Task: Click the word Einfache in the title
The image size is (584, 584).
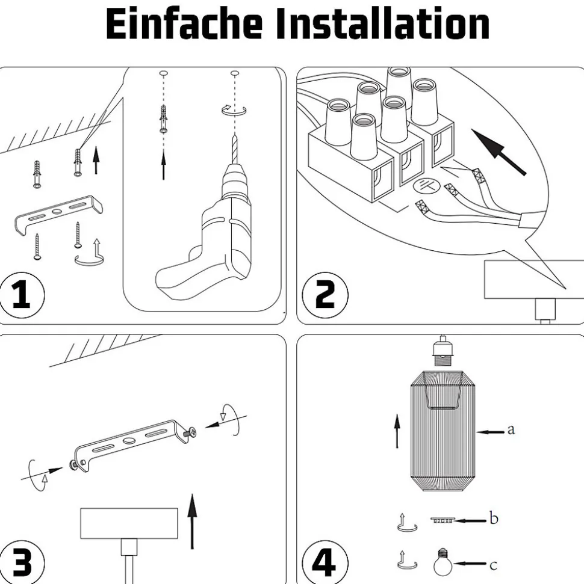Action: pos(184,23)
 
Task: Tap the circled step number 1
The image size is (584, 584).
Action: pos(21,295)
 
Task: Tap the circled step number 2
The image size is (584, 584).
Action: pos(325,295)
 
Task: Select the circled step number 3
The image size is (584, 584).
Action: pos(21,562)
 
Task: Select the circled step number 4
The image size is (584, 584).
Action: pos(325,562)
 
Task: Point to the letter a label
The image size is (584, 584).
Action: pos(511,429)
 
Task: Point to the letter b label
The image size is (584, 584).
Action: pos(494,518)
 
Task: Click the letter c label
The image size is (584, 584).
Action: pos(493,565)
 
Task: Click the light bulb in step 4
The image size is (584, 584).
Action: pos(443,562)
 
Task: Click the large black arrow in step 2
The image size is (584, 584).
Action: pos(499,152)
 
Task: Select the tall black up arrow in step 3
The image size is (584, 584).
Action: pos(192,521)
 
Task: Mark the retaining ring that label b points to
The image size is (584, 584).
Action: pos(443,520)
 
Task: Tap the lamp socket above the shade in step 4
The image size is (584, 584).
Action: pos(443,351)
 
